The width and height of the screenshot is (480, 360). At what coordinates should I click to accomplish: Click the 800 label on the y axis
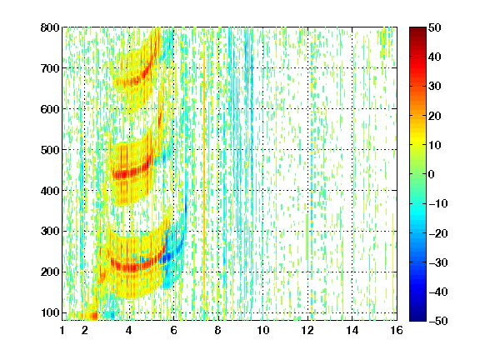(x=50, y=27)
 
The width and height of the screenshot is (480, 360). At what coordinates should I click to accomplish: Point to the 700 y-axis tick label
(x=50, y=68)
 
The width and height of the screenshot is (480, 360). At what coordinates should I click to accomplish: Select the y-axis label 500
(x=50, y=150)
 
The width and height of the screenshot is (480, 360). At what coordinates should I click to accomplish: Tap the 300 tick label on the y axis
(x=50, y=232)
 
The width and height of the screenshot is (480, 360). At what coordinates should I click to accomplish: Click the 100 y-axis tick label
(x=50, y=312)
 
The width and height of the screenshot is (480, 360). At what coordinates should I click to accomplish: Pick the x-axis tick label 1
(x=62, y=330)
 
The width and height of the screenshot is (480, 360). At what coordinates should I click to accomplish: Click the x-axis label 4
(x=129, y=330)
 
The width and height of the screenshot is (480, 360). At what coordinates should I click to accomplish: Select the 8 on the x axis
(x=218, y=330)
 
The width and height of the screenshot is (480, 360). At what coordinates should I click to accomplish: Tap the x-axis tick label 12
(x=307, y=330)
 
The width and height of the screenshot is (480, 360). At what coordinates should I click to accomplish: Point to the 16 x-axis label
(x=397, y=330)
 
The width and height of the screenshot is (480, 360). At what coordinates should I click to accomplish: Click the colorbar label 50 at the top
(x=434, y=27)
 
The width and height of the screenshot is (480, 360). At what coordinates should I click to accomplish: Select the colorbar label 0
(x=432, y=174)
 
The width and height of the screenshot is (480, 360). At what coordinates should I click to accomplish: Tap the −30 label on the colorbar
(x=438, y=262)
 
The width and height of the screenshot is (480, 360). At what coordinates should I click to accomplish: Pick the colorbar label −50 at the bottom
(x=438, y=321)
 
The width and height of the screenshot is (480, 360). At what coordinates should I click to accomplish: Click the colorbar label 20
(x=434, y=116)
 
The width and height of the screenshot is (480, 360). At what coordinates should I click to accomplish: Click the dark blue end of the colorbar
(x=417, y=318)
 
